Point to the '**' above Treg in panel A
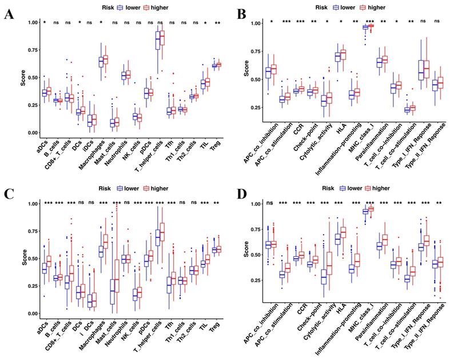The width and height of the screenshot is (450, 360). [x=217, y=22]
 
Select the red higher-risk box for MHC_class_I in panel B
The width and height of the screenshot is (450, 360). [x=371, y=26]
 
